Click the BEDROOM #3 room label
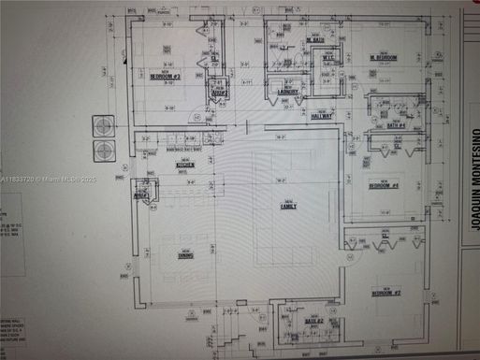click(165, 77)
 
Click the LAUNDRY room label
click(288, 93)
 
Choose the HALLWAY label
click(322, 117)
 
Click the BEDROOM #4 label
click(384, 186)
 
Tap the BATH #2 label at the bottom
click(313, 323)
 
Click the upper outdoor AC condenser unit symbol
click(102, 125)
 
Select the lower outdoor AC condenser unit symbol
click(102, 150)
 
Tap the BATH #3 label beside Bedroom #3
click(220, 94)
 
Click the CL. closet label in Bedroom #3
click(215, 58)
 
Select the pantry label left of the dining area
click(142, 194)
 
